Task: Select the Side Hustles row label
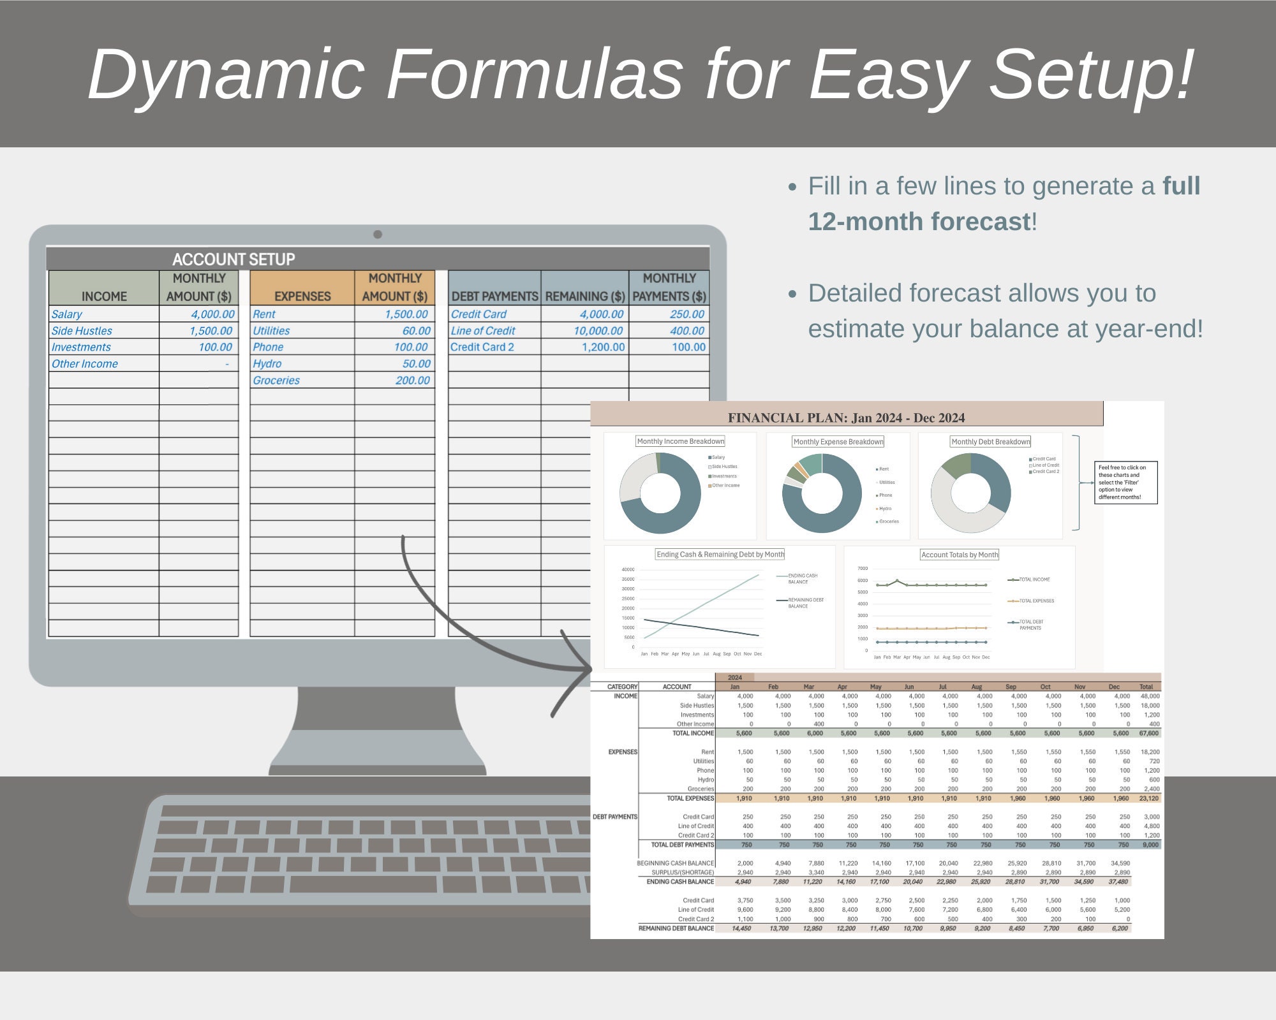click(82, 331)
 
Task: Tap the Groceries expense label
click(276, 381)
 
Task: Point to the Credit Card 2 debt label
click(482, 347)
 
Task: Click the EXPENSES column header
click(302, 296)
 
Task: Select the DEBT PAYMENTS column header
click(494, 296)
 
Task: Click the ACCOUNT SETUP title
click(234, 259)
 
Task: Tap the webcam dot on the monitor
click(378, 235)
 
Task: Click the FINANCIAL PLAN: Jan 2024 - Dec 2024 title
click(846, 418)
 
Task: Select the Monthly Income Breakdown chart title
click(681, 441)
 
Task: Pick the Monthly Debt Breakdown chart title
click(990, 442)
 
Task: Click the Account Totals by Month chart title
click(960, 555)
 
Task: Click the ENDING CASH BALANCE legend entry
click(802, 579)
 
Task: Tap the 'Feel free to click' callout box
click(1125, 483)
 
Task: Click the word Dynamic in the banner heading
click(226, 75)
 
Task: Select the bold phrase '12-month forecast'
click(919, 222)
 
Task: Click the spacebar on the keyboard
click(363, 884)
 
